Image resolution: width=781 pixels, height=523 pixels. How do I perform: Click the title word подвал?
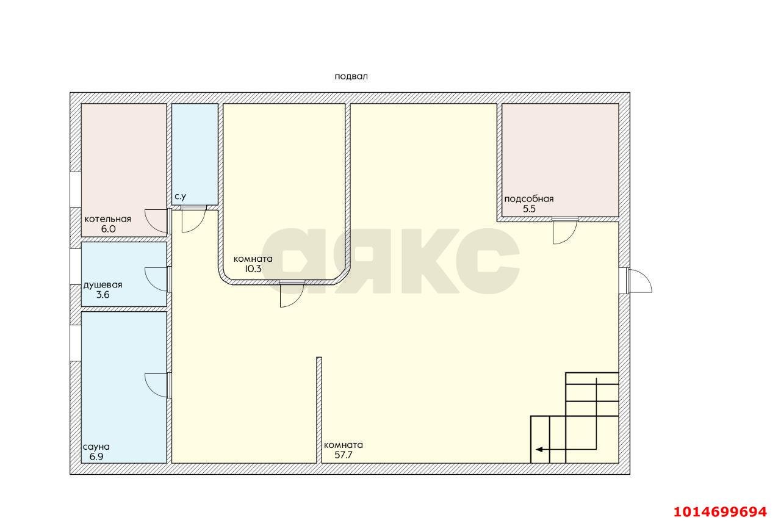[351, 77]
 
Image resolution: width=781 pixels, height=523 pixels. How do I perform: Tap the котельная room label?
[108, 219]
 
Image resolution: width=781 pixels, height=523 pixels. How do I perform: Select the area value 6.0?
[108, 229]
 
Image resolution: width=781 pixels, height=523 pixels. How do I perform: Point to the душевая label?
[103, 285]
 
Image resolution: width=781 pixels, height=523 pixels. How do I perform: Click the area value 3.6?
[103, 295]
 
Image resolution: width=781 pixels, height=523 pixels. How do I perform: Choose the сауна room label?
[96, 447]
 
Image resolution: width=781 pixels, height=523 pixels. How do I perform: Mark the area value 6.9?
[96, 456]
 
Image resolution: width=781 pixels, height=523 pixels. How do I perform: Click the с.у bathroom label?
[180, 197]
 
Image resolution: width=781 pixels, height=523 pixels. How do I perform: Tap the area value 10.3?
[253, 269]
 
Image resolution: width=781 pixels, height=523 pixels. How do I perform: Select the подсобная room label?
[529, 199]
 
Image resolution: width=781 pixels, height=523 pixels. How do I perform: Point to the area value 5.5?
[529, 209]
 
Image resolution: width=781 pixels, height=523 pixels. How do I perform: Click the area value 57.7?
[344, 455]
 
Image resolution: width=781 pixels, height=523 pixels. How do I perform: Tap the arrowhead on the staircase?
[539, 449]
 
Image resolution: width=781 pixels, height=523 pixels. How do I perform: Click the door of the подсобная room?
[565, 231]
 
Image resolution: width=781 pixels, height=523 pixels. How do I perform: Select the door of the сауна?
[157, 385]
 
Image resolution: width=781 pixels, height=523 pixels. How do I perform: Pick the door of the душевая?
[157, 280]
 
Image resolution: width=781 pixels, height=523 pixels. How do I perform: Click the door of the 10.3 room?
[292, 294]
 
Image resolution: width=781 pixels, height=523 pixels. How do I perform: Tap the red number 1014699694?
[720, 512]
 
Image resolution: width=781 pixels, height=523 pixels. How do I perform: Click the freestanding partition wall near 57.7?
[319, 410]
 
